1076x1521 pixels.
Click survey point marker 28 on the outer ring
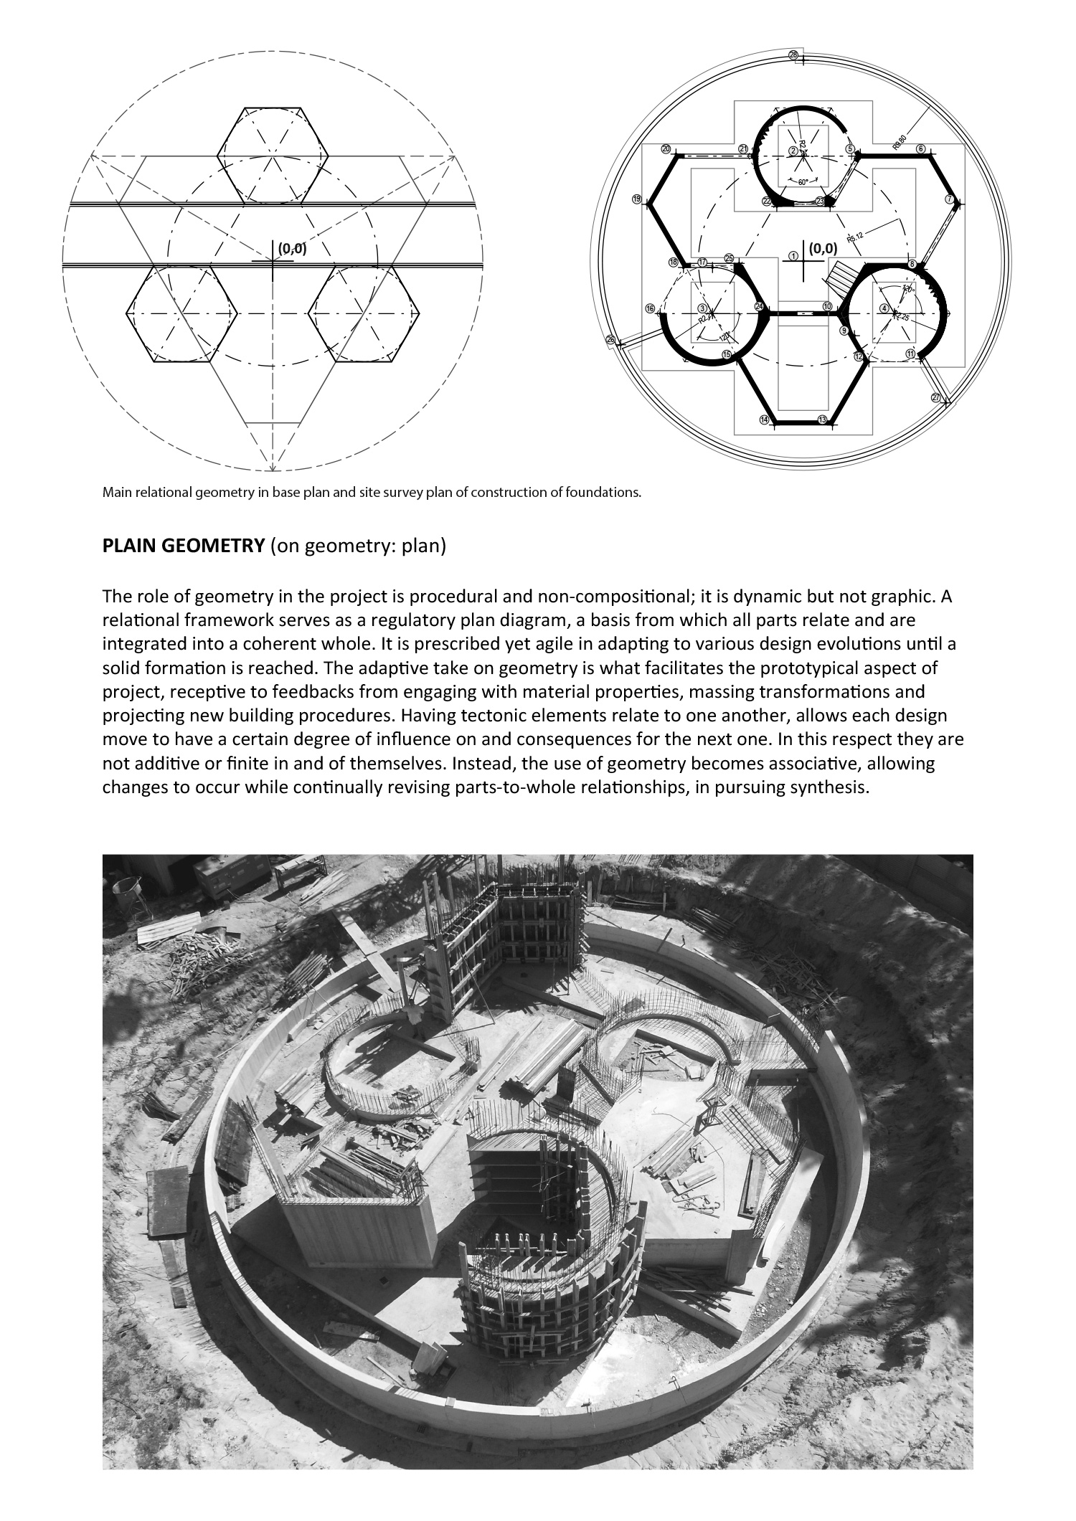coord(793,55)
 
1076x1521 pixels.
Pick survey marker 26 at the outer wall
coord(610,339)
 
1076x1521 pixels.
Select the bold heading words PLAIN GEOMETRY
coord(184,546)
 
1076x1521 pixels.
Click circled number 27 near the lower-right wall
coord(935,397)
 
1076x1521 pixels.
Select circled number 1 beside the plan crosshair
coord(793,255)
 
